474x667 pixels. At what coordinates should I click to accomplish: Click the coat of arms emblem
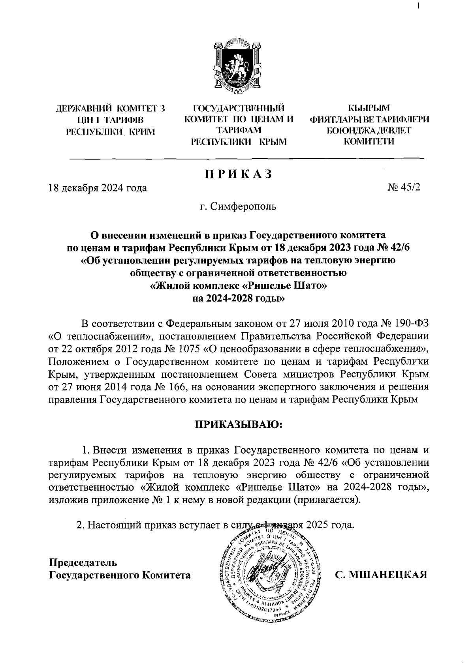[x=237, y=67]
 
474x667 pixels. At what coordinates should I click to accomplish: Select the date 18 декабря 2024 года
[x=97, y=188]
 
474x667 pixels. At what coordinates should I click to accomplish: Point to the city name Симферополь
[x=244, y=206]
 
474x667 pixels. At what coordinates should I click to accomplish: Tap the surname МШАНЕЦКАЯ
[x=382, y=574]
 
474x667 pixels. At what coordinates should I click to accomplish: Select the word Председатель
[x=83, y=562]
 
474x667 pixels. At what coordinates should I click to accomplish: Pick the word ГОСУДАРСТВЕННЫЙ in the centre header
[x=239, y=108]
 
